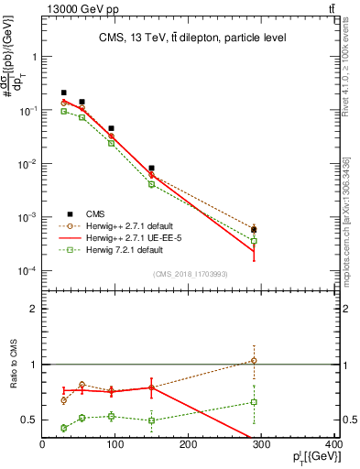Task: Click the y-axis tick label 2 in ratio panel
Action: (33, 309)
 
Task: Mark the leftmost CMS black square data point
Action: (63, 93)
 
